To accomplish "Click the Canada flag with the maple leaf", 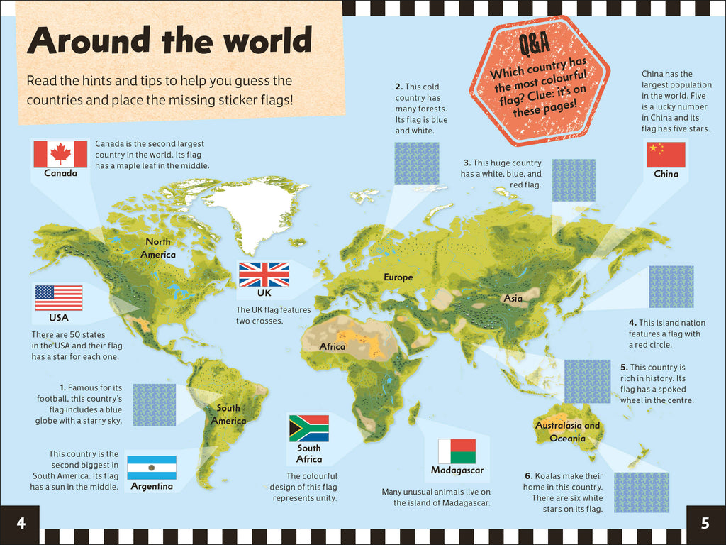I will [x=60, y=154].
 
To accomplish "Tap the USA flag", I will [x=59, y=298].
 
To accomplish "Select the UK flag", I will [x=264, y=275].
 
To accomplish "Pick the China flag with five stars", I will [x=666, y=155].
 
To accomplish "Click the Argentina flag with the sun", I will [x=152, y=468].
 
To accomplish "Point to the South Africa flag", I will [x=308, y=428].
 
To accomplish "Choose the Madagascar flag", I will [x=457, y=451].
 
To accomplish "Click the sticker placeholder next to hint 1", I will [x=154, y=404].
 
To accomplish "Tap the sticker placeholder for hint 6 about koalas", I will [x=641, y=492].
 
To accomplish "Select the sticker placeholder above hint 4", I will [x=671, y=287].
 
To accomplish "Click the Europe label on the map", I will [x=398, y=277].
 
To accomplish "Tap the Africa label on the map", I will [x=332, y=347].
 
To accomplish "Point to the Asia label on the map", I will [x=513, y=299].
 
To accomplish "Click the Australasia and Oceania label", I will [x=567, y=431].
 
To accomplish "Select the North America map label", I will [x=157, y=248].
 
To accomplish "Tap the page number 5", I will [x=705, y=524].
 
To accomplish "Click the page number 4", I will [x=21, y=524].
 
